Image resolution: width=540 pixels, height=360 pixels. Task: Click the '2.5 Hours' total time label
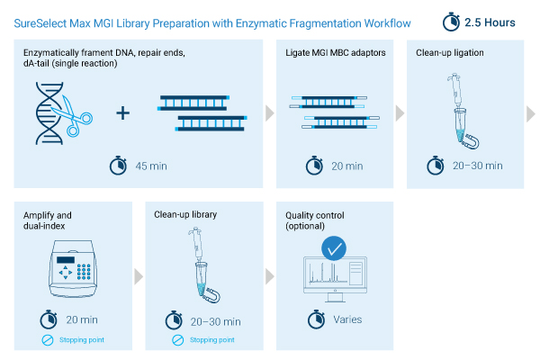point(491,21)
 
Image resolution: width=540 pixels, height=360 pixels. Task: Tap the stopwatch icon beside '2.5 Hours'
point(454,21)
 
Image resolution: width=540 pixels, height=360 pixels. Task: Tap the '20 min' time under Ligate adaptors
point(346,166)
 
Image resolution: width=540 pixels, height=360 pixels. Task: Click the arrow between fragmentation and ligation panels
point(268,114)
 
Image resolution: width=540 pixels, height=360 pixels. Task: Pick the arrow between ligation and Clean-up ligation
point(400,114)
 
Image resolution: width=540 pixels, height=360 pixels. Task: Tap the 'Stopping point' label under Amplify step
point(82,340)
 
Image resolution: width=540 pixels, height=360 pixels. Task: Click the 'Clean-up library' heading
point(185,215)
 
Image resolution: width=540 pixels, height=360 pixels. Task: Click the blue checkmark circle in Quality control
point(335,247)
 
